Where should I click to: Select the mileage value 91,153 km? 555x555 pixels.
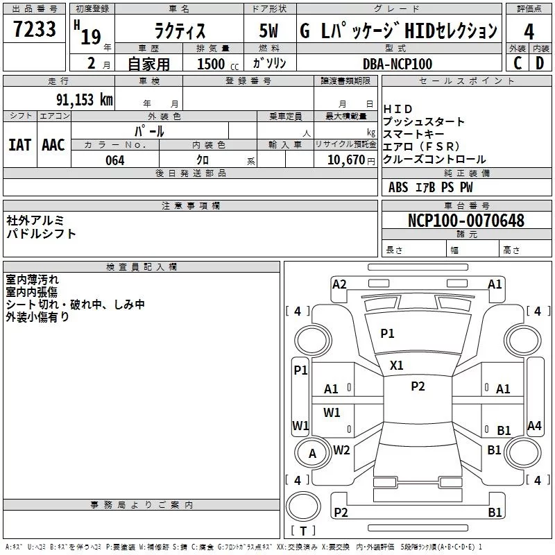click(85, 100)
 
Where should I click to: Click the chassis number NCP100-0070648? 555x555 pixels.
click(466, 221)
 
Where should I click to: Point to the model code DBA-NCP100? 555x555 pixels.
click(397, 64)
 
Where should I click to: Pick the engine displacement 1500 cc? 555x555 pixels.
click(213, 64)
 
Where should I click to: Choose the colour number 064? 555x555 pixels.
click(114, 160)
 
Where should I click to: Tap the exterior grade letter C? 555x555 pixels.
click(517, 63)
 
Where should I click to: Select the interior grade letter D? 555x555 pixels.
click(540, 63)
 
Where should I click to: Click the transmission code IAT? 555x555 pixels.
click(19, 145)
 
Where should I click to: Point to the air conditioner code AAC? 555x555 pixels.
click(53, 145)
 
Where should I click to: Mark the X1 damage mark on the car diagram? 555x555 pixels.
click(396, 365)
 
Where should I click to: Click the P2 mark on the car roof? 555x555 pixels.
click(418, 386)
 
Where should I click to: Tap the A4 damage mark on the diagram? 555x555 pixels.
click(534, 426)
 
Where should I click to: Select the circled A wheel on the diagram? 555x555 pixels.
click(312, 454)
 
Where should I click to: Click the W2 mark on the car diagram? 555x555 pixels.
click(341, 450)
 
